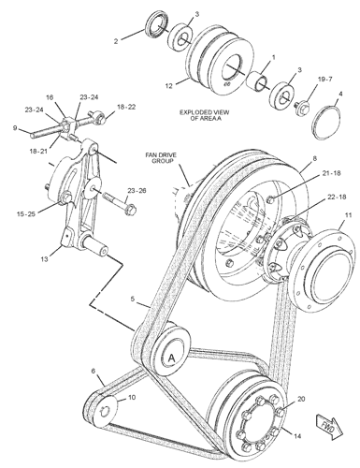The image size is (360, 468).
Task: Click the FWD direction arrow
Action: pyautogui.click(x=329, y=427)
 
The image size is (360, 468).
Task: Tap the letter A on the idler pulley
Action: pyautogui.click(x=171, y=358)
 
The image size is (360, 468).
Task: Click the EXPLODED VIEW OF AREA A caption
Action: pyautogui.click(x=205, y=115)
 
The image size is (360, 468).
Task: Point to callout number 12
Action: pyautogui.click(x=168, y=85)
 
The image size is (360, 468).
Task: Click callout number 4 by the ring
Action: pyautogui.click(x=341, y=94)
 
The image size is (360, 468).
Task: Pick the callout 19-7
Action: pyautogui.click(x=324, y=79)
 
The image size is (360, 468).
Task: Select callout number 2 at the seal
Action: pyautogui.click(x=116, y=41)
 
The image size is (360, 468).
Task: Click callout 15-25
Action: pyautogui.click(x=26, y=214)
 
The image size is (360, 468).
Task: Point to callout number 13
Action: pyautogui.click(x=45, y=258)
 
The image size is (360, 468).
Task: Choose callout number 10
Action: pyautogui.click(x=132, y=398)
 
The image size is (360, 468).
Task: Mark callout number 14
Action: pyautogui.click(x=297, y=436)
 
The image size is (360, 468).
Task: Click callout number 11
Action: pyautogui.click(x=348, y=215)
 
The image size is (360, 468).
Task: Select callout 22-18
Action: pyautogui.click(x=337, y=197)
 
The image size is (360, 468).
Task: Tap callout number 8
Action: pyautogui.click(x=315, y=159)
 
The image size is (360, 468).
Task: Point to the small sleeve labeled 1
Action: pyautogui.click(x=257, y=80)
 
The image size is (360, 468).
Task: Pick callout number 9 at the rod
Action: pyautogui.click(x=15, y=127)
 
